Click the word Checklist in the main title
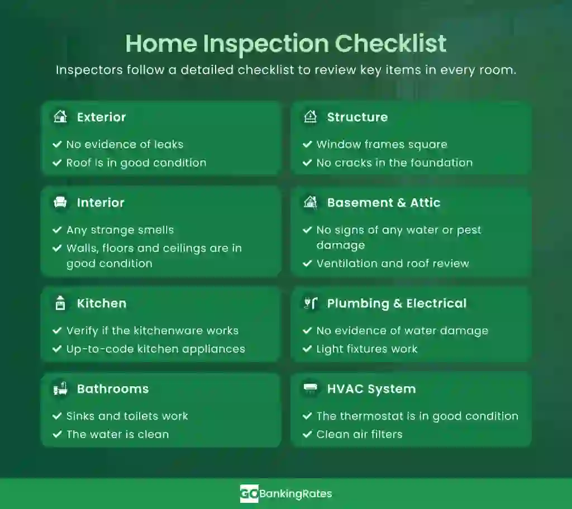(390, 44)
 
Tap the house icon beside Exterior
(60, 117)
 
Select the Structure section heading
(357, 117)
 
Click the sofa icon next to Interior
(60, 202)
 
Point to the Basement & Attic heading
(383, 202)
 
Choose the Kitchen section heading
(102, 303)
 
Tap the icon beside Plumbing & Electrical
(311, 303)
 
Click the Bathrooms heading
(113, 389)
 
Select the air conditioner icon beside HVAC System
(311, 388)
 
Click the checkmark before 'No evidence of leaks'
(57, 144)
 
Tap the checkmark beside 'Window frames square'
(307, 144)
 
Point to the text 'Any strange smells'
(120, 230)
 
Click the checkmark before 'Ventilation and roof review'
(307, 263)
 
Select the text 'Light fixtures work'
(366, 349)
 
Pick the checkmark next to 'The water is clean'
(57, 434)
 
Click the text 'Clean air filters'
(359, 434)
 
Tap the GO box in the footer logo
(249, 494)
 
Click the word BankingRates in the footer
(295, 494)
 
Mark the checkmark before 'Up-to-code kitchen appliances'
(57, 349)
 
